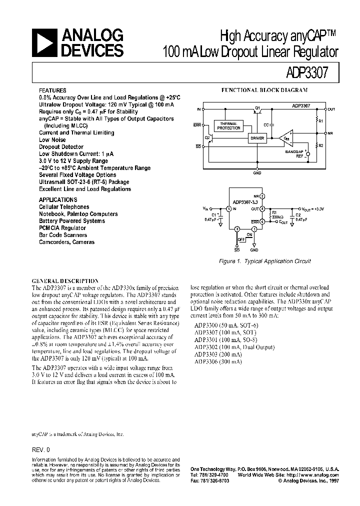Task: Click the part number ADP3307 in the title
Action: (308, 71)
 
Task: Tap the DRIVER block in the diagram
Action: (256, 138)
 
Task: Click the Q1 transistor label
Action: (257, 107)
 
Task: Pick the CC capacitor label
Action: (266, 123)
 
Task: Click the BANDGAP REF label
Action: (295, 152)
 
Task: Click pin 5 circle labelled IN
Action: (228, 208)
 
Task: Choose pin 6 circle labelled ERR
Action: (262, 221)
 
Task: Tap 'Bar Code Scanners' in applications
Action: (63, 235)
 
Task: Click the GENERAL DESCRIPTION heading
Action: (65, 281)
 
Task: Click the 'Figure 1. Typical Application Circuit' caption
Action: (265, 261)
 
